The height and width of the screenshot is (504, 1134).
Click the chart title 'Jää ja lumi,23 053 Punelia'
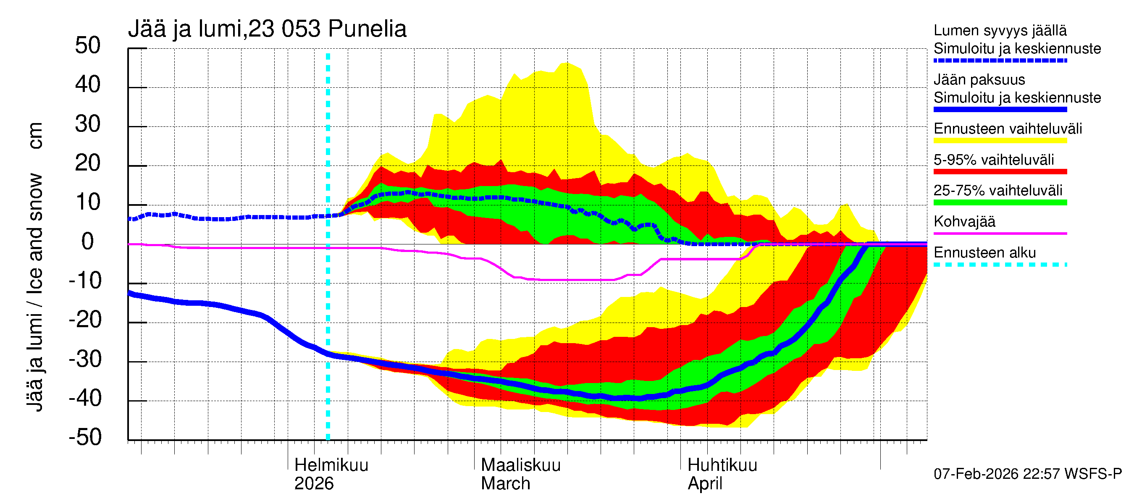[267, 29]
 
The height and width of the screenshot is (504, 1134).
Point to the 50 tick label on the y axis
[88, 46]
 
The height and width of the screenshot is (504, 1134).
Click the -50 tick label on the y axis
[85, 438]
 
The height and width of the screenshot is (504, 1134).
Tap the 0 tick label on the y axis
[88, 241]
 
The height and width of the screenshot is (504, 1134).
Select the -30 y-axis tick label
[85, 359]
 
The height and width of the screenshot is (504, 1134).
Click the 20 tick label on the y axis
[88, 163]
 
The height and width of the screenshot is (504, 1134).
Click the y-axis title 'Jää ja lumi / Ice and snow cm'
[35, 266]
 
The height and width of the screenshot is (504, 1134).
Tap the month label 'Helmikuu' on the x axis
[331, 465]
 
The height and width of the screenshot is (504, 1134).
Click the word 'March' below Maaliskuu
[505, 484]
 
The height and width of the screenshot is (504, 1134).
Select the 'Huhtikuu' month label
[722, 465]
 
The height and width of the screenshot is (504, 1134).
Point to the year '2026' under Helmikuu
[314, 484]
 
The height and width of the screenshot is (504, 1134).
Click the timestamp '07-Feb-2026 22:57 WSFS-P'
[1027, 474]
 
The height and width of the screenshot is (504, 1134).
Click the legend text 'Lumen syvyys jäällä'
[1000, 30]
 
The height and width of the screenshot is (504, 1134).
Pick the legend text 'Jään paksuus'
[979, 80]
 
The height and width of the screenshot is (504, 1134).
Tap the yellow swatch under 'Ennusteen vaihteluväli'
[1000, 141]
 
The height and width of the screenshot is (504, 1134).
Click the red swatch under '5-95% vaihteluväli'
[1000, 172]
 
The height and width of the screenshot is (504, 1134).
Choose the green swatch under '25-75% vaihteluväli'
[1000, 202]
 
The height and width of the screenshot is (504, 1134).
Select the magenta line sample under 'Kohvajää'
[1000, 233]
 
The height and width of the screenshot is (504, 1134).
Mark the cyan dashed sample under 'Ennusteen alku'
[1000, 265]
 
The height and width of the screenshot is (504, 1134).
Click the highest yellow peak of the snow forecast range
[567, 63]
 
